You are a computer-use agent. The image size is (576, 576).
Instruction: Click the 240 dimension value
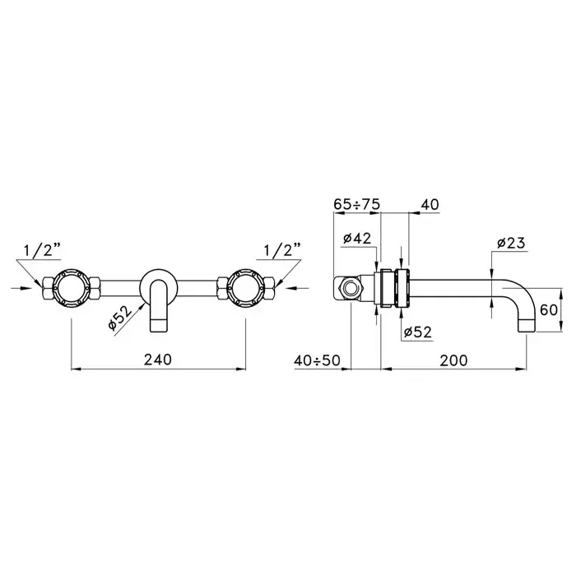158,360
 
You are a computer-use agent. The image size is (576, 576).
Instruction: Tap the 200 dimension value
453,360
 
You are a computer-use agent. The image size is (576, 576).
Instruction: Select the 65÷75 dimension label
356,204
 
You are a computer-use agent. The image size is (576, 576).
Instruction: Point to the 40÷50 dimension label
318,360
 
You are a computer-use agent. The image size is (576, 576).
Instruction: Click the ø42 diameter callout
357,239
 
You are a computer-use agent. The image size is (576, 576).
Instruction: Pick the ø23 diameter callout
511,243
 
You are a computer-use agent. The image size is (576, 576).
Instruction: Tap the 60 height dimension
549,310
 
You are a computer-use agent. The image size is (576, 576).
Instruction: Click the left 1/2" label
42,250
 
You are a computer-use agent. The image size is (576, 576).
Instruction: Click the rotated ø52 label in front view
120,318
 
